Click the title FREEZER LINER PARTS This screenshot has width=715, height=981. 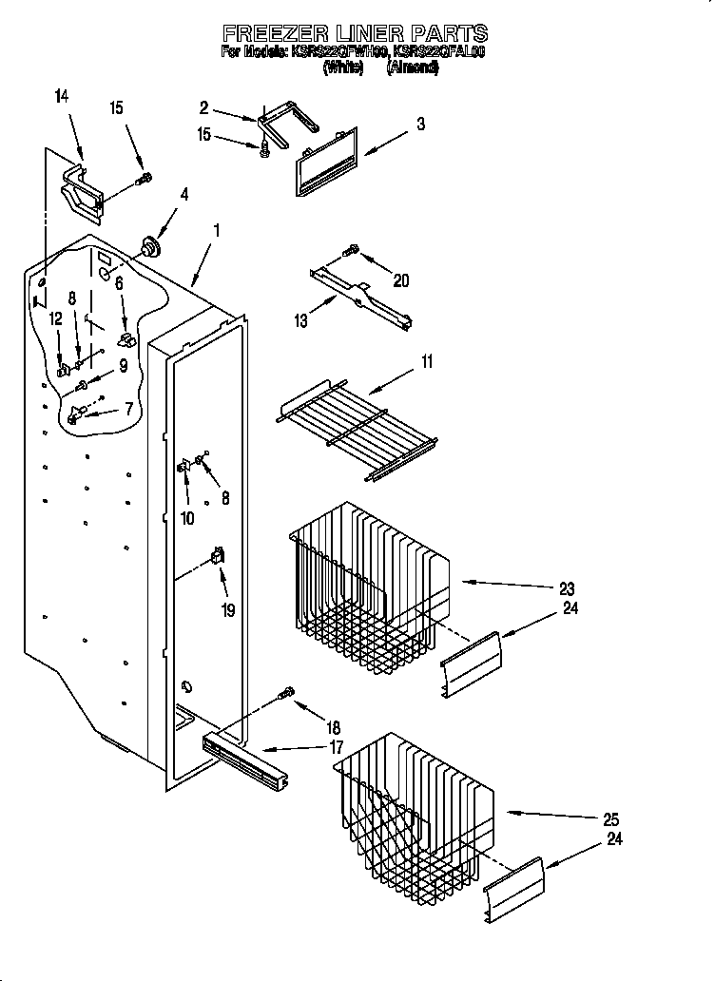click(355, 34)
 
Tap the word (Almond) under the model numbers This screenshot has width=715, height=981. click(413, 68)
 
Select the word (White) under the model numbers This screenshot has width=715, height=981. click(343, 68)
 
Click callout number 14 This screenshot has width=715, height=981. click(62, 96)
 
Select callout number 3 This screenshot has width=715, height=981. click(420, 125)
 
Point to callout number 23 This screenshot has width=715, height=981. click(568, 588)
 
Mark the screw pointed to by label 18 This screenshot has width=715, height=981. click(285, 697)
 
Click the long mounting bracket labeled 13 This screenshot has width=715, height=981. click(361, 298)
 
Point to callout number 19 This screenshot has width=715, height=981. click(227, 611)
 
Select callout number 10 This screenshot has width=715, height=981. click(187, 518)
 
